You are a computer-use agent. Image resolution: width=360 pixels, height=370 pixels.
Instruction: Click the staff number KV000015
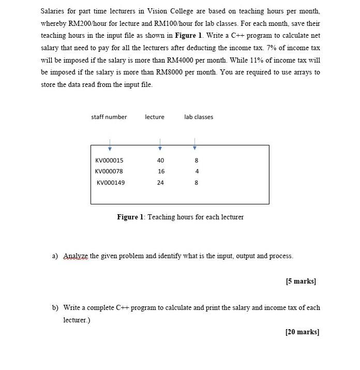(109, 160)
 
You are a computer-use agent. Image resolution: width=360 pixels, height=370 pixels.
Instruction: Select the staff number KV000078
(109, 171)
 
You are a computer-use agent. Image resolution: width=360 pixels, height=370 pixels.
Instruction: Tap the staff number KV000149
(111, 183)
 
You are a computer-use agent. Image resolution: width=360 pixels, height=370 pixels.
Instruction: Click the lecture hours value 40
(161, 160)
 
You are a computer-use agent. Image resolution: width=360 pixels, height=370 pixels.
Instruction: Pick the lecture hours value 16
(161, 171)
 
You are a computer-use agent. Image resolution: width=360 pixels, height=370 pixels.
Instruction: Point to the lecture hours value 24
(161, 183)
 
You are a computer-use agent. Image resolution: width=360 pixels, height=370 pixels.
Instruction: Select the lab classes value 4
(197, 171)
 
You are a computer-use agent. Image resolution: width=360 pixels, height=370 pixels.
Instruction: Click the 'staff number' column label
(109, 117)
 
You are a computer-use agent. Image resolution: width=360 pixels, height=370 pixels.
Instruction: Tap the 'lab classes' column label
(199, 117)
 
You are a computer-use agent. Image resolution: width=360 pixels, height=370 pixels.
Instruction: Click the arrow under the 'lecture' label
(160, 143)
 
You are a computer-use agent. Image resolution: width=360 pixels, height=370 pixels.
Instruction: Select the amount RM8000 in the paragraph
(171, 72)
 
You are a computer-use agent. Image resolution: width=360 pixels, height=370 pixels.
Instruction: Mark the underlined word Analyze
(76, 256)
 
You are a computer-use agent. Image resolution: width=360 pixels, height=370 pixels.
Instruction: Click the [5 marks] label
(301, 282)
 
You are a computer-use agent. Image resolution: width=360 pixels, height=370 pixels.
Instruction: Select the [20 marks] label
(302, 332)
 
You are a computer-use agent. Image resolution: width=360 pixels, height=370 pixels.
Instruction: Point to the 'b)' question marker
(55, 308)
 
